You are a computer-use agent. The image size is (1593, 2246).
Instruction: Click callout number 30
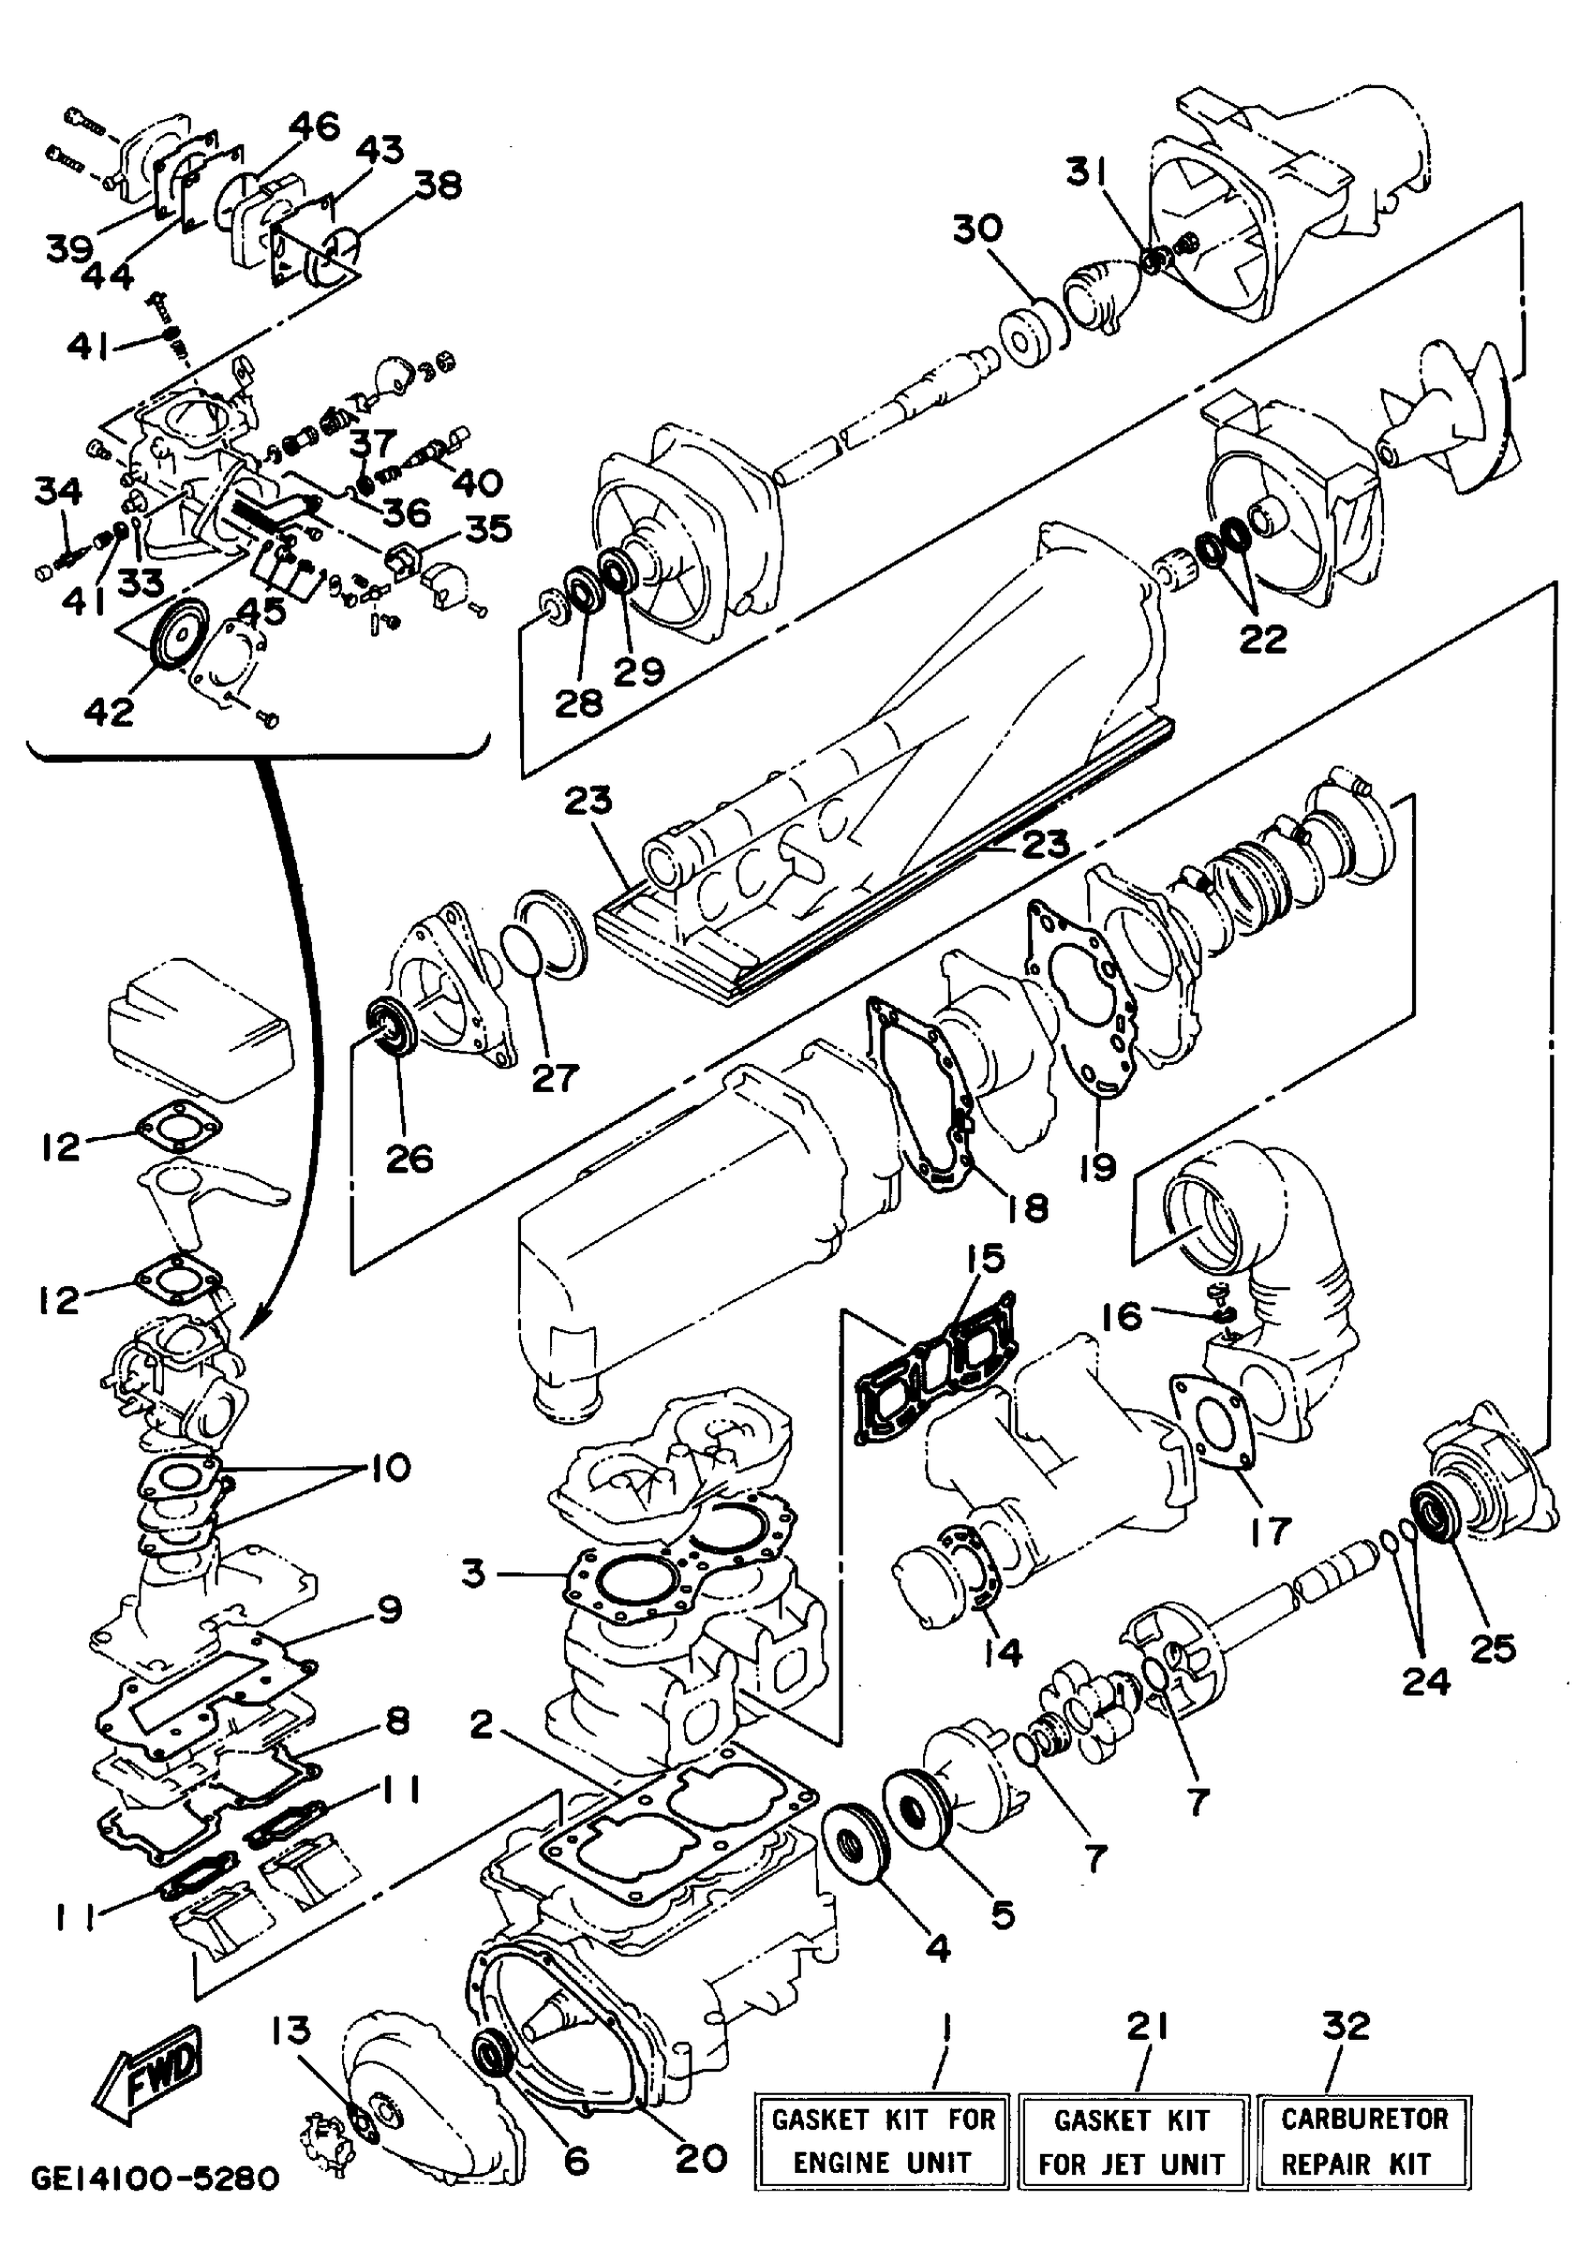point(977,230)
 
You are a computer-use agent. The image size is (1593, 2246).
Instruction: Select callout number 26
point(409,1159)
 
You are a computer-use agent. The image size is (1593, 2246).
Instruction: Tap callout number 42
point(108,711)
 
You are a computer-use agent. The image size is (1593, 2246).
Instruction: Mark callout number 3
point(474,1574)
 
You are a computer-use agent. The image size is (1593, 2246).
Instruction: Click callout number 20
point(701,2158)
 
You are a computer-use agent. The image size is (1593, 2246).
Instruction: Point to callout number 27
point(555,1077)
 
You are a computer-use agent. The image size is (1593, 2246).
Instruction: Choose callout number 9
point(390,1610)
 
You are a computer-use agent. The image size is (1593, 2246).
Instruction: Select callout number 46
point(315,126)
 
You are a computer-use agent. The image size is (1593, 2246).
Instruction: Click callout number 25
point(1493,1650)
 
